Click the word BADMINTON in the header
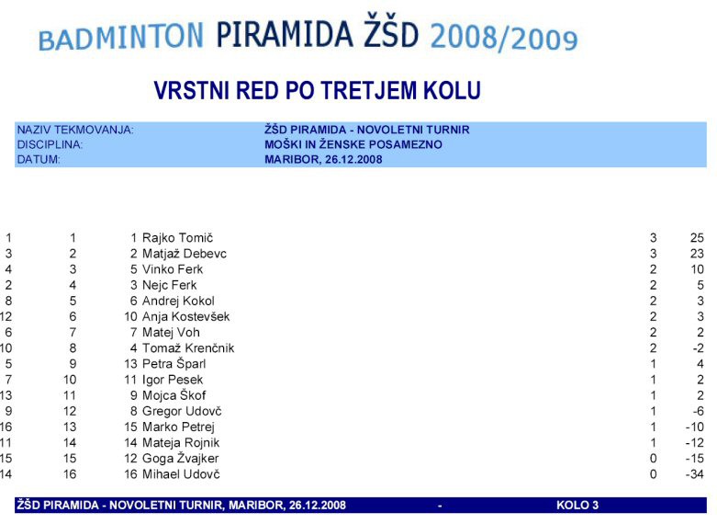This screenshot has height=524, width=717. point(120,37)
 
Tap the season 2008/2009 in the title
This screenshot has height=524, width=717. point(504,38)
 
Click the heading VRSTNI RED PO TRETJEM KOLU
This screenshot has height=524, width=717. point(317,90)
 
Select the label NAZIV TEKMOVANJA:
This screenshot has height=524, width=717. point(75,130)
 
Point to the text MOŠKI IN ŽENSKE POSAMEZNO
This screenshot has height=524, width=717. point(353,144)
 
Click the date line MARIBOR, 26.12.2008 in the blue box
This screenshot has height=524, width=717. point(323,159)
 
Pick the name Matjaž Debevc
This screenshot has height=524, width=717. point(185,254)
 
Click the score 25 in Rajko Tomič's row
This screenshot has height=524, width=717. point(697,238)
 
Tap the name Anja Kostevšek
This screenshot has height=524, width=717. point(185,316)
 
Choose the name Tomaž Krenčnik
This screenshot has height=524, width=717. point(188,348)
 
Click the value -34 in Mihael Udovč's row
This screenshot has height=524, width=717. point(695,474)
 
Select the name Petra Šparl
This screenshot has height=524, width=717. point(174,364)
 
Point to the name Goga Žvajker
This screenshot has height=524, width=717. point(180,459)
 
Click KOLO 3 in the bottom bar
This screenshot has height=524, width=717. point(577,506)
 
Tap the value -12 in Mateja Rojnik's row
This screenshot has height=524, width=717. point(695,442)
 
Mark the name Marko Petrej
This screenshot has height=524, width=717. point(178,427)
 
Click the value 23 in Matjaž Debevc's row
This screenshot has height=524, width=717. point(697,254)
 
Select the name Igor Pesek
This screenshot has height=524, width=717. point(173,380)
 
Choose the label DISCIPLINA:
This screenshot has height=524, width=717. point(50,144)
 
